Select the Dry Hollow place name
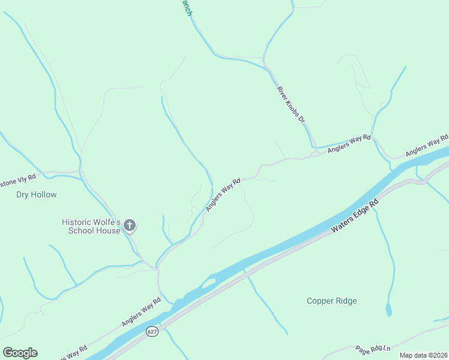pyautogui.click(x=36, y=194)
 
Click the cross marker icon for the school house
pyautogui.click(x=130, y=226)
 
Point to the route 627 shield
pyautogui.click(x=152, y=331)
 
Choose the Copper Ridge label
pyautogui.click(x=331, y=301)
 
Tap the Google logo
pyautogui.click(x=20, y=353)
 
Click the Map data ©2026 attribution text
pyautogui.click(x=423, y=355)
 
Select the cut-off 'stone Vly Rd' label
pyautogui.click(x=18, y=179)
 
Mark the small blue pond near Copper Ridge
pyautogui.click(x=388, y=310)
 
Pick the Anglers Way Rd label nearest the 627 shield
pyautogui.click(x=141, y=312)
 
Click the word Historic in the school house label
pyautogui.click(x=76, y=221)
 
